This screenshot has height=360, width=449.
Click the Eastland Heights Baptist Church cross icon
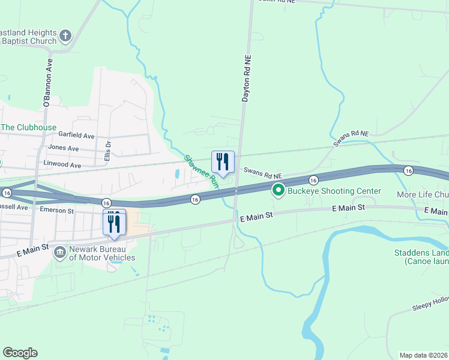(65, 37)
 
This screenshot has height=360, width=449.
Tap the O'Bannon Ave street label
(49, 82)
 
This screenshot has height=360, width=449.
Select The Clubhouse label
(28, 127)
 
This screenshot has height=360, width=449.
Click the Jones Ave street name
(64, 148)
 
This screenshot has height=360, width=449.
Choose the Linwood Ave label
(62, 164)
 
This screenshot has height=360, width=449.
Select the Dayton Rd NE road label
(246, 79)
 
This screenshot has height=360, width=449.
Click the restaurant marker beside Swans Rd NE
(223, 161)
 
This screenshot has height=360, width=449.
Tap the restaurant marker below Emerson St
(114, 223)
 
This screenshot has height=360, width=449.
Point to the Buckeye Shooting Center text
(334, 191)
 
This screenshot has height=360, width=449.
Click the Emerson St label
(56, 211)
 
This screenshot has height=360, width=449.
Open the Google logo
(20, 353)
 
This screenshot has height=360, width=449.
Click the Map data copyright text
(423, 355)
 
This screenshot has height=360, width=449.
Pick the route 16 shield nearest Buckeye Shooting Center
(313, 180)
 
